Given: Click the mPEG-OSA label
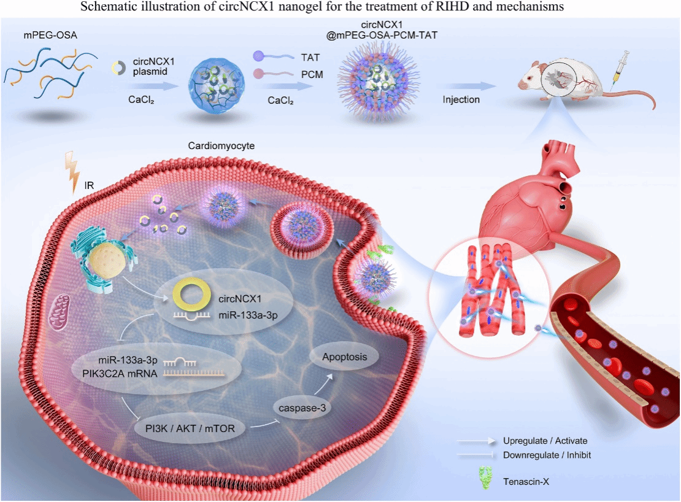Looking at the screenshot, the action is (50, 35).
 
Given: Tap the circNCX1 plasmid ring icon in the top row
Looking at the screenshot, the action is (118, 68).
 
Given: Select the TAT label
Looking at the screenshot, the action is (310, 57).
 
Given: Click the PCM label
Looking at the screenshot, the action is (312, 75).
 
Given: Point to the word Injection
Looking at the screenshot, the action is (461, 99).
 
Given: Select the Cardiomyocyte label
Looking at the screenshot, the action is (221, 146).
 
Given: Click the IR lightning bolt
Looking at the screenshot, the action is (72, 172).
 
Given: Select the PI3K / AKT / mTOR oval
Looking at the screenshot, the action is (190, 428).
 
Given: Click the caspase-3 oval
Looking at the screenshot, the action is (302, 408).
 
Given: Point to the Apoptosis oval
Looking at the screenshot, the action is (344, 357).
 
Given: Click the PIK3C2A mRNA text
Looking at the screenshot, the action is (120, 374).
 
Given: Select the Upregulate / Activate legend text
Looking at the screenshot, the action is (545, 441).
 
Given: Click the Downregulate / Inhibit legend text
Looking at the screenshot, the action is (547, 455).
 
